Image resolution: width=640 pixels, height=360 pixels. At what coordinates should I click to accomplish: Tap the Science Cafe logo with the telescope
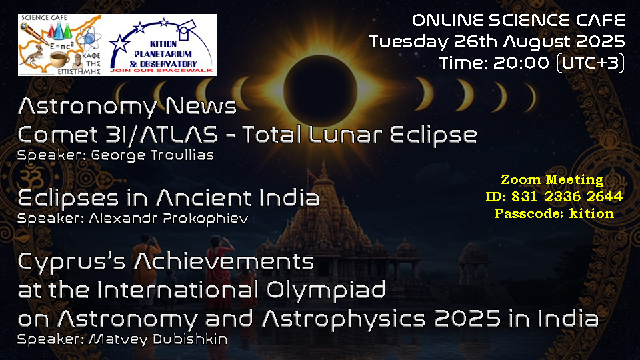coord(61,45)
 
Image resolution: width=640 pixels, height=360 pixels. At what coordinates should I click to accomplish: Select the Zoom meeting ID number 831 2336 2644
coord(567,197)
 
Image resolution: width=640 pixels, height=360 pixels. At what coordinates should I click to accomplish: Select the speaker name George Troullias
coord(152,155)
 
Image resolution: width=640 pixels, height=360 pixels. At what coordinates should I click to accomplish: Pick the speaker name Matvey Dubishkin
coord(158,339)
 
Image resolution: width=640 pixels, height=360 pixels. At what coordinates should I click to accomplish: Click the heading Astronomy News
coord(127,107)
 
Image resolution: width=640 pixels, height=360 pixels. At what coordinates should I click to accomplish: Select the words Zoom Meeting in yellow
coord(552,179)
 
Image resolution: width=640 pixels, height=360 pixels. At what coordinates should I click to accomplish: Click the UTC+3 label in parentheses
coord(591,63)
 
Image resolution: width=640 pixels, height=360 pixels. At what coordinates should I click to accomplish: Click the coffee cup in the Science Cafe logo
coord(59,60)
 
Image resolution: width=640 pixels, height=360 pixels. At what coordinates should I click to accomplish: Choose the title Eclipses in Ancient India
coord(169,199)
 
